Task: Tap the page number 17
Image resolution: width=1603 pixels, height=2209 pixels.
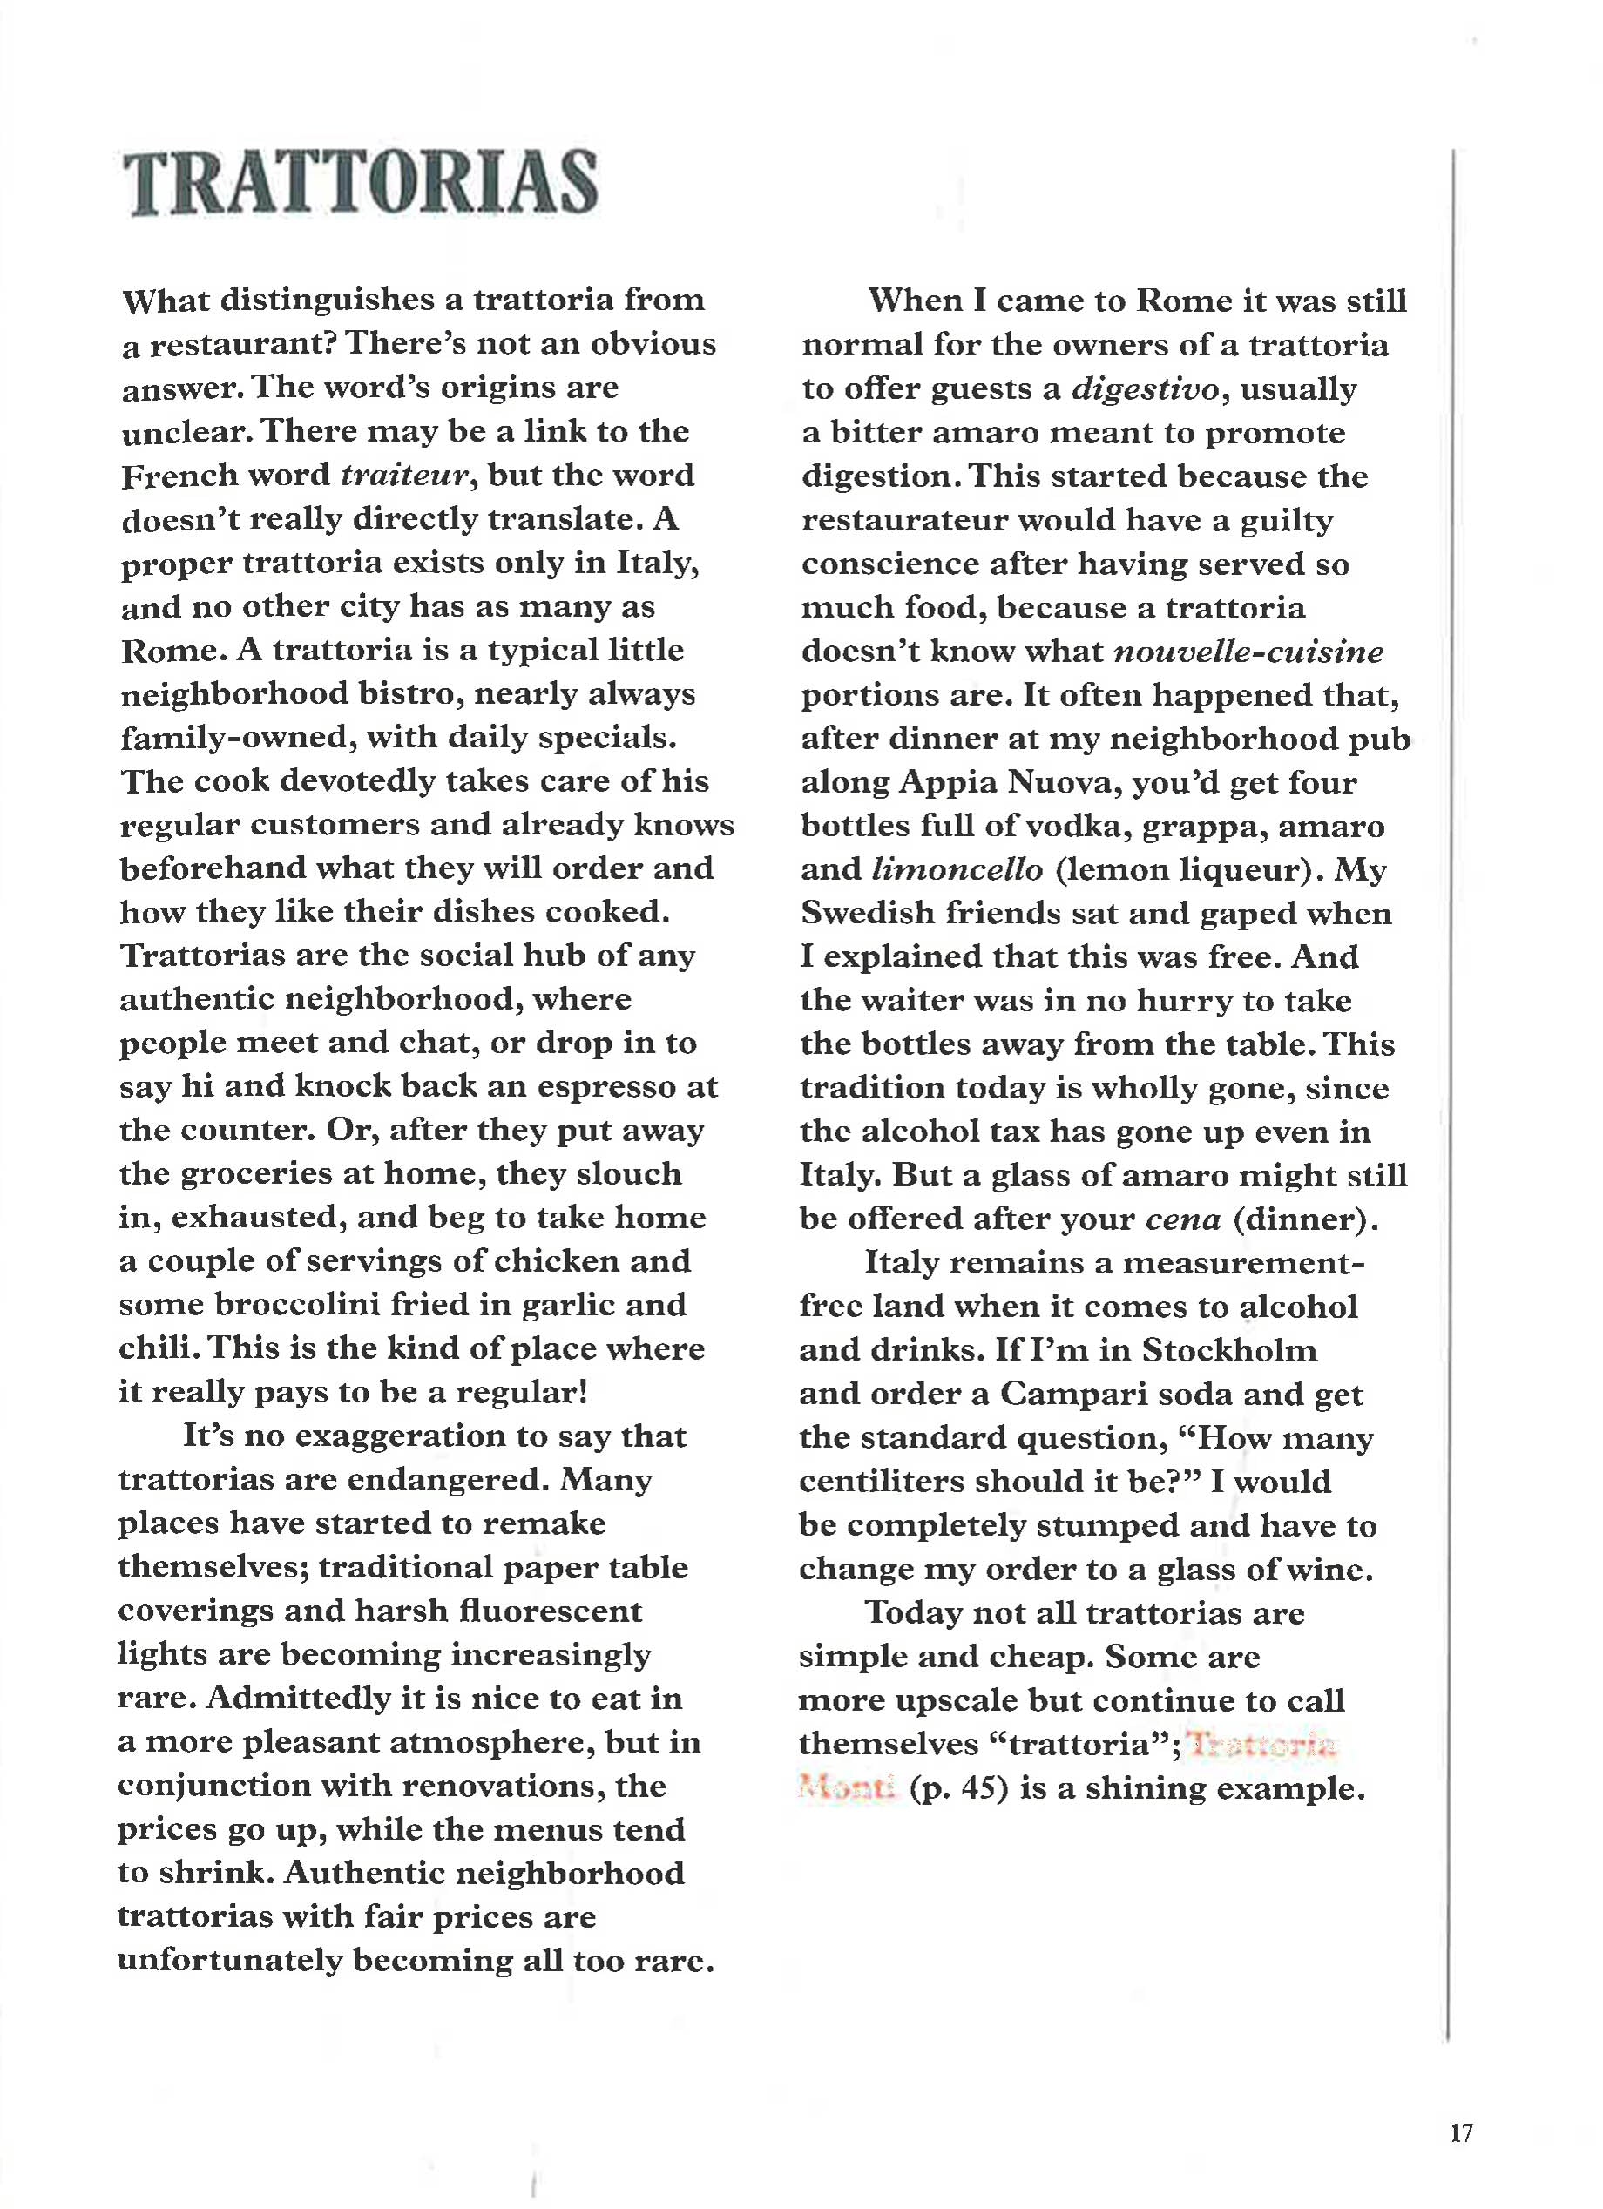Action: [1461, 2133]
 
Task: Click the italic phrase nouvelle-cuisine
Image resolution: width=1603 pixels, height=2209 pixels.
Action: [1248, 652]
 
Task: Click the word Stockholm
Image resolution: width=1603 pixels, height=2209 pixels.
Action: [1230, 1350]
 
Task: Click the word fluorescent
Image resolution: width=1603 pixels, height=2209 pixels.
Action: [553, 1611]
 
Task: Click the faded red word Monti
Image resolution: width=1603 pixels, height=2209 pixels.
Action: [845, 1789]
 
